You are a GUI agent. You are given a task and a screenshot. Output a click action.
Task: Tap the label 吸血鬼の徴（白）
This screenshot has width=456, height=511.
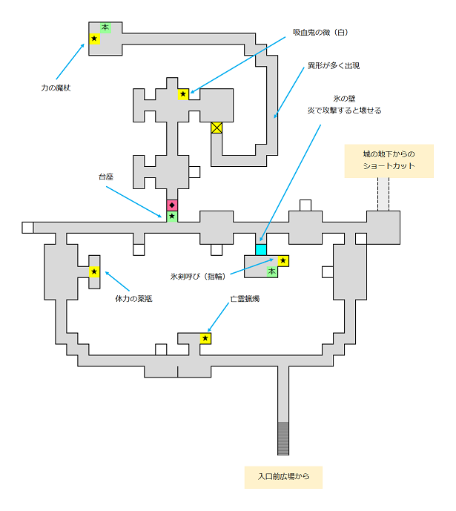pos(320,33)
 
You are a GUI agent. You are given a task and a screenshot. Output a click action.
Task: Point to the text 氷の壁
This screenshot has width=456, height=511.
pos(346,98)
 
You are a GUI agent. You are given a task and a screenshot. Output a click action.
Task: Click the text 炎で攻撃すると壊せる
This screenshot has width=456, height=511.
pos(346,111)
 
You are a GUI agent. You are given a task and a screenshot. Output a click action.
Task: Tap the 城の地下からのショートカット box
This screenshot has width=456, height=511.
pos(389,161)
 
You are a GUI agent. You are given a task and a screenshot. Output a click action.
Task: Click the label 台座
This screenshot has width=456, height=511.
pos(107,177)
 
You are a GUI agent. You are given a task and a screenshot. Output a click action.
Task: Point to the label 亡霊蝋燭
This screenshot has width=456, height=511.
pos(244,300)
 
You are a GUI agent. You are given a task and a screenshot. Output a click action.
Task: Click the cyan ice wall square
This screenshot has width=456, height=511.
pos(261,249)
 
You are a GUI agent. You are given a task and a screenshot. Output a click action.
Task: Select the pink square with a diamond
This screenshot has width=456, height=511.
pos(172,205)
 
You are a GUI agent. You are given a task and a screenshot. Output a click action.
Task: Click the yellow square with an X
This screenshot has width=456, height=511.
pos(217,128)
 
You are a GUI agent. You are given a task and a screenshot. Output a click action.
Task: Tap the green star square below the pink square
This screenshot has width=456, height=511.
pos(172,217)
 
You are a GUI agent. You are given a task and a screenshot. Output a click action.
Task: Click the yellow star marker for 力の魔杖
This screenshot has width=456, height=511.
pos(94,39)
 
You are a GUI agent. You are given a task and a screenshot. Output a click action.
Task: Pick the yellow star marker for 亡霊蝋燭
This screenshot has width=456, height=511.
pos(205,338)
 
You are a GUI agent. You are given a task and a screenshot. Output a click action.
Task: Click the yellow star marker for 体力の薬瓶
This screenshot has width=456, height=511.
pos(94,272)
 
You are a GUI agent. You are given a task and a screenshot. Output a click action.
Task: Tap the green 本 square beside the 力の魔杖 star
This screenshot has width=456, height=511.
pos(105,27)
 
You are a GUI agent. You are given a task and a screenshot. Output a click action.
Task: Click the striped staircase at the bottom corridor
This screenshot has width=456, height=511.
pos(283,438)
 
